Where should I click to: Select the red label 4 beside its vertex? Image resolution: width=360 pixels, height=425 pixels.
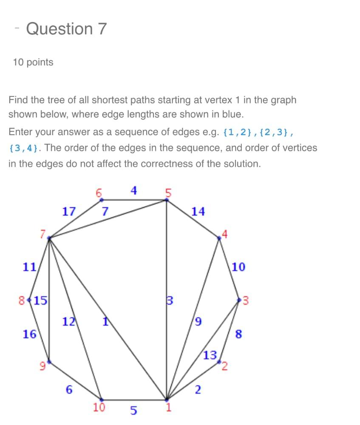tap(225, 233)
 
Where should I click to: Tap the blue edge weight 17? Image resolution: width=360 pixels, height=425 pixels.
tap(69, 211)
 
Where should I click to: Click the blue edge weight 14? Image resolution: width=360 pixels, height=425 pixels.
tap(198, 211)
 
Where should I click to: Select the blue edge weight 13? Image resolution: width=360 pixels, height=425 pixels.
tap(210, 355)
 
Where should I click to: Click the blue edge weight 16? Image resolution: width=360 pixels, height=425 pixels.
tap(29, 334)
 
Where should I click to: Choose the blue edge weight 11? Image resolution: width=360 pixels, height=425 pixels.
tap(29, 267)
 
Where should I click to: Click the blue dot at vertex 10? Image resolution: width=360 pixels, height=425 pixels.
tap(101, 399)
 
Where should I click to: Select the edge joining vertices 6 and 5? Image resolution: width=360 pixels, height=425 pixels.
tap(133, 200)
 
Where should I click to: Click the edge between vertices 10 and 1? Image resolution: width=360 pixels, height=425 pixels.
tap(133, 399)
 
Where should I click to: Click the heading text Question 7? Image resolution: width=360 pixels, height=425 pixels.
tap(66, 29)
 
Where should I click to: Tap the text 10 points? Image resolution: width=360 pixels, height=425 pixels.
tap(33, 62)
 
